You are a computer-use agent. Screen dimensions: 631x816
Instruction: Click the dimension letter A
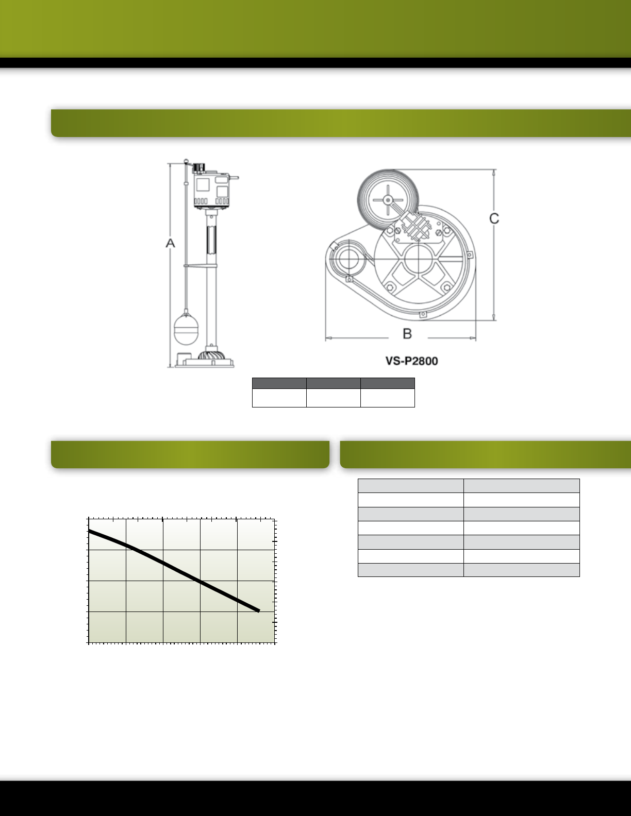click(x=170, y=243)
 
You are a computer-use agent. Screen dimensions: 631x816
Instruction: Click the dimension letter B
click(x=407, y=333)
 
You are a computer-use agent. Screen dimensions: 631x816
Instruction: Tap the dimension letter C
click(x=494, y=218)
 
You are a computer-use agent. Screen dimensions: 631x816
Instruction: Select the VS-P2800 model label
click(x=411, y=361)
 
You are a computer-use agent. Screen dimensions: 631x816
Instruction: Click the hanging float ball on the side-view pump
click(x=186, y=330)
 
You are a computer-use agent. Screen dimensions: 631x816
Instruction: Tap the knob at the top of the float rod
click(x=186, y=161)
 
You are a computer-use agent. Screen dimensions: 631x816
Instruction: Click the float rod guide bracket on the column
click(x=200, y=266)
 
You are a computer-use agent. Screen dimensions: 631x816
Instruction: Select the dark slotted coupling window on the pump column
click(x=211, y=240)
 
